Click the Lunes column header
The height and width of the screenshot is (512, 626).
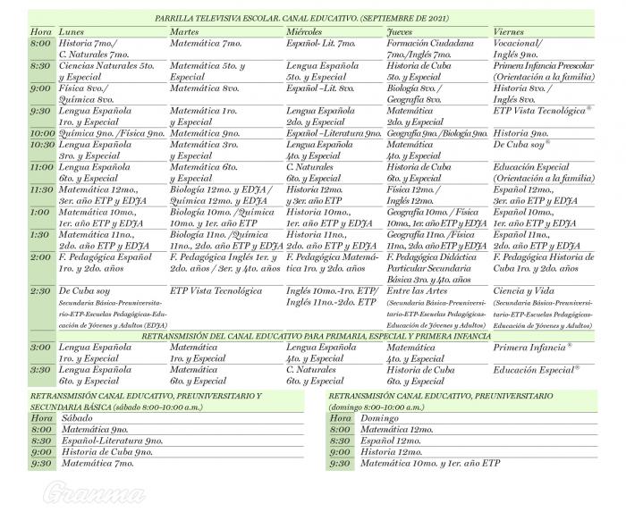(x=72, y=31)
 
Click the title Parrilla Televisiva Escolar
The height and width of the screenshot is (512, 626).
(x=301, y=17)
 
